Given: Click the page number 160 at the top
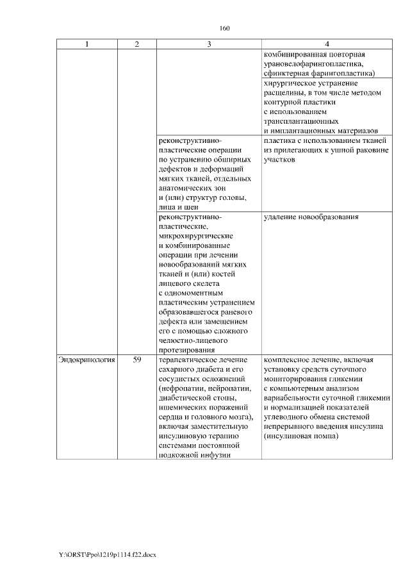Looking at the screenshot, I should (224, 28).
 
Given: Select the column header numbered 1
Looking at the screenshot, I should (87, 44).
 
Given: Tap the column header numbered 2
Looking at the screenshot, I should (136, 44).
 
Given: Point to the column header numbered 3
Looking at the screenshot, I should (209, 44).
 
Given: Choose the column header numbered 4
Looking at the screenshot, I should (327, 44).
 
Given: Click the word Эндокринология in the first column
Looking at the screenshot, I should (86, 361).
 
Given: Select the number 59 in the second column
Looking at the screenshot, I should (136, 361).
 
